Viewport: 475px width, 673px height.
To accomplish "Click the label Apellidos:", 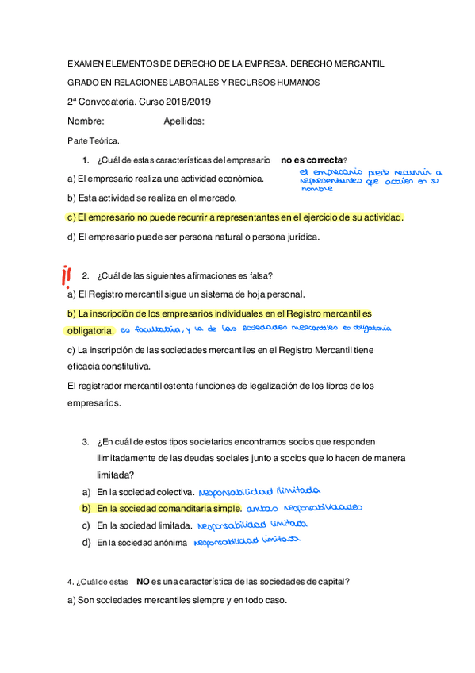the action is click(x=184, y=121).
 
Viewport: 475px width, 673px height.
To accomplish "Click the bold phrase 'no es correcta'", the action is click(x=312, y=160).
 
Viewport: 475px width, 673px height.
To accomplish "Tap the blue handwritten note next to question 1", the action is click(x=370, y=180).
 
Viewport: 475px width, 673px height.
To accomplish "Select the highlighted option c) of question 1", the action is click(x=236, y=217).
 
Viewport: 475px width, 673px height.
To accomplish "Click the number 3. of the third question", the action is click(x=85, y=440).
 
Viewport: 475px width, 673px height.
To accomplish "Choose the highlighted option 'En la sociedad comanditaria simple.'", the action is click(x=169, y=508).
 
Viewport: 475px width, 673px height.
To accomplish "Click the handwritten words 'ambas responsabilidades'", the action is click(x=304, y=507).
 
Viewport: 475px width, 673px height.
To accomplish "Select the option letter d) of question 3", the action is click(x=86, y=543).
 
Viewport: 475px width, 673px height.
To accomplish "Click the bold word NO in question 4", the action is click(x=143, y=581).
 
